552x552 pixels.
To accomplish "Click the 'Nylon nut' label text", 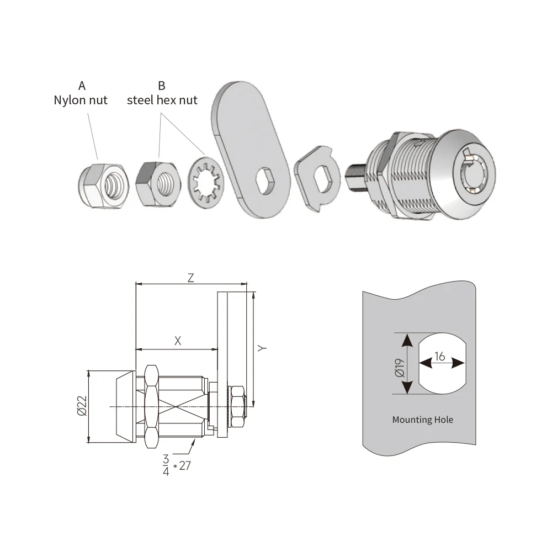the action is pos(80,100).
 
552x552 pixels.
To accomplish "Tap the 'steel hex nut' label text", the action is pos(162,100).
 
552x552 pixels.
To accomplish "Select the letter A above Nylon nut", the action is pos(82,86).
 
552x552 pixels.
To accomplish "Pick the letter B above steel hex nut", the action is pos(162,86).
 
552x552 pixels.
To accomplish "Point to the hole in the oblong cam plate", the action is pos(267,181).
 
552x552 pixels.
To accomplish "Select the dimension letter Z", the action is pos(191,278).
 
